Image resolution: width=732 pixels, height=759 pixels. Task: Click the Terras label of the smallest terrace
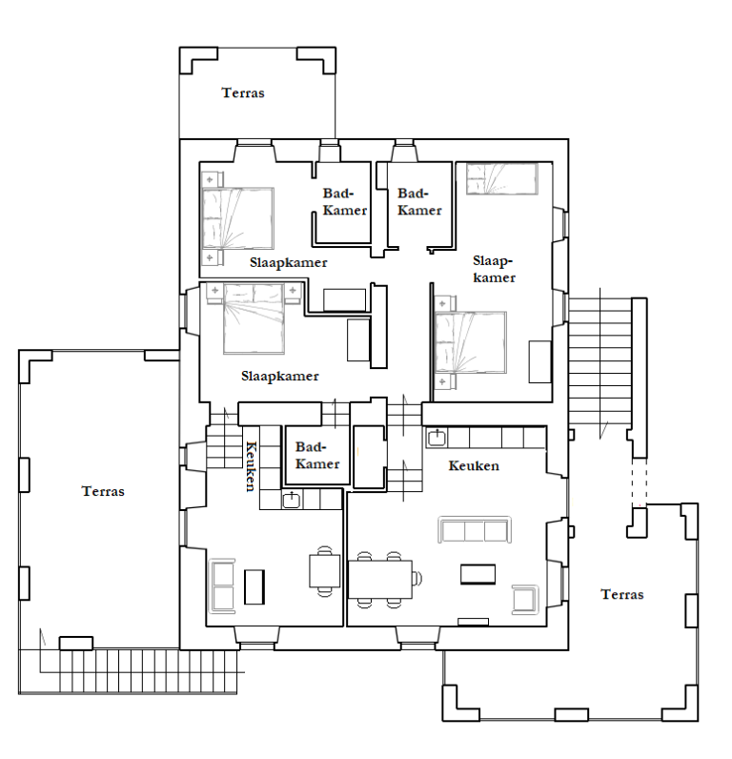pos(243,92)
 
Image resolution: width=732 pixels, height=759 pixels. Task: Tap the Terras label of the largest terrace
pos(103,491)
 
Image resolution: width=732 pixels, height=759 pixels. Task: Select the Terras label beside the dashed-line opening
pos(622,594)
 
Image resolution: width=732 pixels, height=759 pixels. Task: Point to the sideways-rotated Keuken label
pos(250,465)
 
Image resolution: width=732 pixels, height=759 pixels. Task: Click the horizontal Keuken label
pos(474,465)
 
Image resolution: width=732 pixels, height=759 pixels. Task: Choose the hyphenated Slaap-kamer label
pos(494,269)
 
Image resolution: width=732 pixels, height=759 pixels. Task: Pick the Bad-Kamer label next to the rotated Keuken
pos(317,455)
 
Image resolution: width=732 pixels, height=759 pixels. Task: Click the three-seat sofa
pos(475,529)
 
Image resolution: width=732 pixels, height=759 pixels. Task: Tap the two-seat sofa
pos(222,586)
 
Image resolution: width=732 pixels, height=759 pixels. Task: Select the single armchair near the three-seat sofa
pos(525,600)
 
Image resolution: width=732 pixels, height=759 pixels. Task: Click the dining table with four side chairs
pos(380,579)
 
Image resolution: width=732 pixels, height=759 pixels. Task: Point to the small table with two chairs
pos(325,571)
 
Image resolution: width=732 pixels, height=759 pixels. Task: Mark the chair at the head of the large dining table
pos(417,578)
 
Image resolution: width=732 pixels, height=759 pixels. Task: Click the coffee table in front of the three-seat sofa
pos(478,574)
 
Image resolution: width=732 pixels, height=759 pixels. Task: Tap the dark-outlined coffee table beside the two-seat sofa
pos(254,586)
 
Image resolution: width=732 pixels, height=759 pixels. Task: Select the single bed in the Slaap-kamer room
pos(502,178)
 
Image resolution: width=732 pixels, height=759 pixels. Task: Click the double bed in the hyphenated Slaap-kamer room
pos(471,342)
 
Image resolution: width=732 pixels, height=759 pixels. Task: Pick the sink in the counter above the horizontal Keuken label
pos(437,438)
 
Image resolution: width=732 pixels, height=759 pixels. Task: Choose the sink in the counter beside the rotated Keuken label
pos(292,499)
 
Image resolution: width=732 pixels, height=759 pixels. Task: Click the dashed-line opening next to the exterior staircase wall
pos(640,482)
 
